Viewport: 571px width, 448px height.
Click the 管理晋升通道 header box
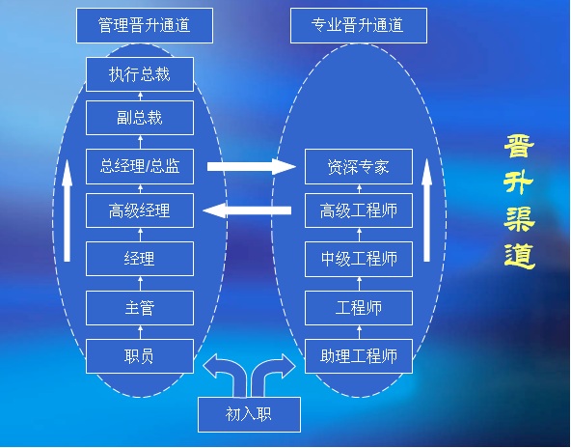145,25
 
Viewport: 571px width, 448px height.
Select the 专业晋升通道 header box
359,25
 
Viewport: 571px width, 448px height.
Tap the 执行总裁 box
140,74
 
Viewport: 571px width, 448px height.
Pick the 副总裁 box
140,118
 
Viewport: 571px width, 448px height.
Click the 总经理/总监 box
140,166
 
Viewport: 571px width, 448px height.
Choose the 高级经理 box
140,210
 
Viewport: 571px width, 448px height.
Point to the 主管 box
140,308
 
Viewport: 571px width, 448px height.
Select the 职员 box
140,356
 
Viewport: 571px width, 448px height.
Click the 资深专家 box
359,166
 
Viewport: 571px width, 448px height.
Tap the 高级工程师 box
359,210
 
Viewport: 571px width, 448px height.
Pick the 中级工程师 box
359,259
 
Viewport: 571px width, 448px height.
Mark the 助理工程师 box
359,356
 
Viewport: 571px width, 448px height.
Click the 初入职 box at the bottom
249,414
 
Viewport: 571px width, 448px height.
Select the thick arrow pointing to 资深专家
252,167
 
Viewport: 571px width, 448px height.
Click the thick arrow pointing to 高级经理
247,210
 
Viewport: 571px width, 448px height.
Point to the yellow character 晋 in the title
519,146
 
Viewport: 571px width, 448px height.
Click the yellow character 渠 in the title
519,219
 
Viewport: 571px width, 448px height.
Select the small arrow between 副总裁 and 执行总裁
140,97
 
